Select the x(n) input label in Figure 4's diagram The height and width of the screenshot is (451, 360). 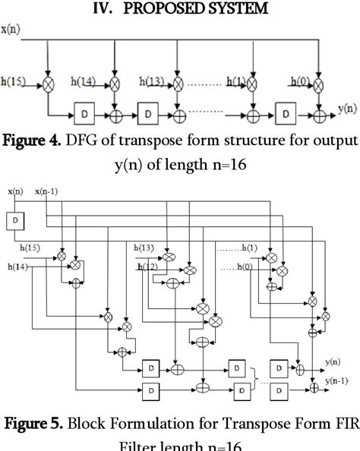[11, 29]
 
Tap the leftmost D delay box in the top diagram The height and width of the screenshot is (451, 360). [83, 115]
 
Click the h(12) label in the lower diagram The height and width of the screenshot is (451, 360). [149, 266]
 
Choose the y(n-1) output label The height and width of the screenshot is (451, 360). [339, 380]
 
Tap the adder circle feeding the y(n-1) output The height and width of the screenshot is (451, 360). [314, 388]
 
